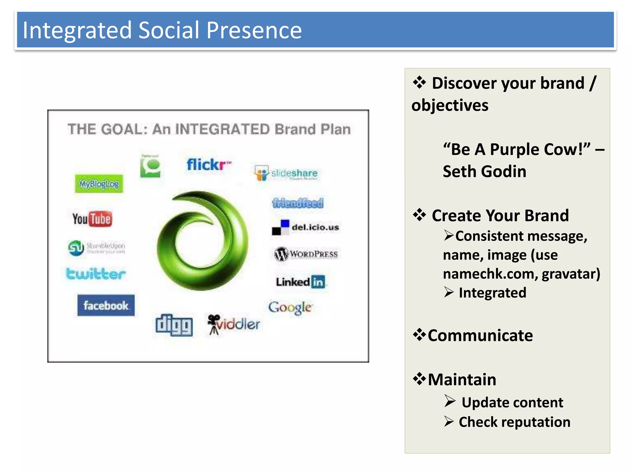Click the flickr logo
tap(209, 164)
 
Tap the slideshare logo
tap(286, 173)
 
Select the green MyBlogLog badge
tap(99, 184)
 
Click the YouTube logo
tap(92, 219)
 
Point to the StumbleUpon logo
tap(96, 248)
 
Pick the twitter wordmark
tap(96, 274)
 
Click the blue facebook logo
tap(106, 305)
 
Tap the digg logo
tap(174, 325)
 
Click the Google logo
tap(290, 307)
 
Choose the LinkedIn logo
tap(300, 282)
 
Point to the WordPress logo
tap(306, 254)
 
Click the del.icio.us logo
tap(305, 228)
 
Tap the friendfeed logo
tap(298, 203)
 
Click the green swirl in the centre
tap(202, 241)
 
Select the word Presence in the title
tap(254, 30)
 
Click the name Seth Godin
tap(484, 172)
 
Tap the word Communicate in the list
tap(480, 335)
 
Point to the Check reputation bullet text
tap(514, 422)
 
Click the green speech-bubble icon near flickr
tap(150, 167)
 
